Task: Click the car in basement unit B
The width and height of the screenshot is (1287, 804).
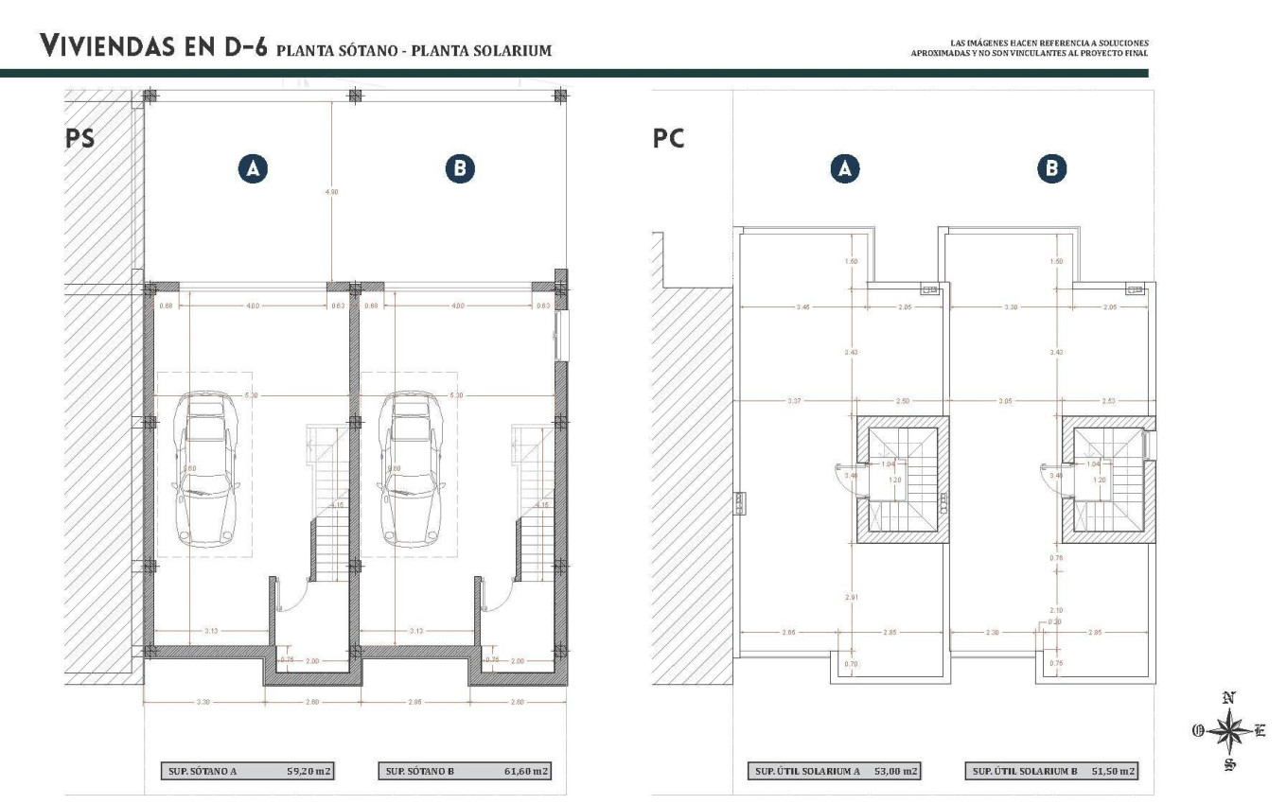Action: (x=411, y=471)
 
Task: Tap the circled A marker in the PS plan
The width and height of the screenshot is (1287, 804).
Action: (x=252, y=168)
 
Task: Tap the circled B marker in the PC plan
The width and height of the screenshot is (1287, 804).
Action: (x=1051, y=168)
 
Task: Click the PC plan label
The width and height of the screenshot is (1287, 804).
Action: (x=669, y=139)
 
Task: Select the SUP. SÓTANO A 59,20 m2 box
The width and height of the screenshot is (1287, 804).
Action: (x=246, y=771)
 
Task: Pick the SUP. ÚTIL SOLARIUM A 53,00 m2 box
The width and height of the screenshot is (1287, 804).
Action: (x=833, y=771)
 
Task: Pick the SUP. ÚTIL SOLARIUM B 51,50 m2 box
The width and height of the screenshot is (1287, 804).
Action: (x=1052, y=771)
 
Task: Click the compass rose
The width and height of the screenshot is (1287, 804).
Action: (x=1228, y=732)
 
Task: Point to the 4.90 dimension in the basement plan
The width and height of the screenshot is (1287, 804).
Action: (x=331, y=192)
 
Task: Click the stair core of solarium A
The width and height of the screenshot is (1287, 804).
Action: (x=903, y=480)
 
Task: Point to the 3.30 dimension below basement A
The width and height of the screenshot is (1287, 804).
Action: (x=203, y=702)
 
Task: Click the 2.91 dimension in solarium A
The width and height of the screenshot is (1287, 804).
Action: (x=854, y=598)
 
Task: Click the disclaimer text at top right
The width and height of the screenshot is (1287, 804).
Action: (x=1025, y=47)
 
